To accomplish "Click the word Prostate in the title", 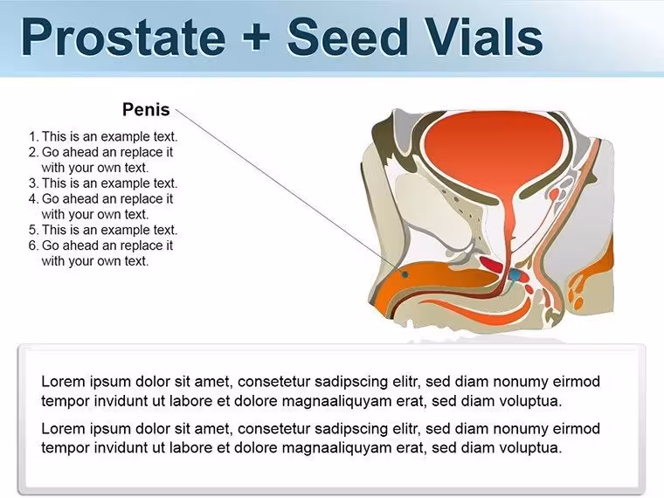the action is click(123, 38).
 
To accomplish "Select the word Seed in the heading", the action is click(346, 37).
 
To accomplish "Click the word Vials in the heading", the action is click(481, 37).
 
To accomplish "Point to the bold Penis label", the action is click(146, 110).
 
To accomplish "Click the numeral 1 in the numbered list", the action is click(33, 137).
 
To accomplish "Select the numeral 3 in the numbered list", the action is click(33, 183).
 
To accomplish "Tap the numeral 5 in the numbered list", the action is click(33, 230).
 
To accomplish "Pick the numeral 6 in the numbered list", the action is click(33, 246).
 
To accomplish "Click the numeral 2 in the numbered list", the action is click(33, 152).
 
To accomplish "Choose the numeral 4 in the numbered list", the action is click(33, 199).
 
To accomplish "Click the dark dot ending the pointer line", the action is click(405, 274).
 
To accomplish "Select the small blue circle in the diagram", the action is click(515, 275).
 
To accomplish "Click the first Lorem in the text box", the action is click(63, 382).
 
